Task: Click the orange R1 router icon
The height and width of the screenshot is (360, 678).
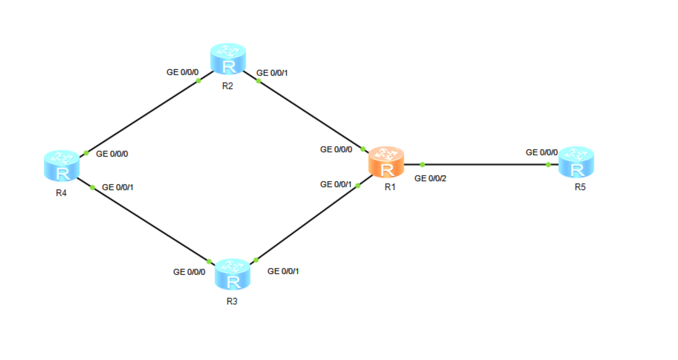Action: [x=387, y=162]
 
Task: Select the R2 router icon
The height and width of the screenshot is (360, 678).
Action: [x=228, y=59]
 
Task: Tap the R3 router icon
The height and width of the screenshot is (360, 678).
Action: [x=233, y=274]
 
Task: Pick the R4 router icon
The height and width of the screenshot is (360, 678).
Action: [x=61, y=165]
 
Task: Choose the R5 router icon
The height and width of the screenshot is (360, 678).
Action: [x=576, y=162]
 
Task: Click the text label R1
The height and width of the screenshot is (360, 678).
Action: [x=391, y=187]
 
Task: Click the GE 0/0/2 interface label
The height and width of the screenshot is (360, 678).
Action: [x=430, y=178]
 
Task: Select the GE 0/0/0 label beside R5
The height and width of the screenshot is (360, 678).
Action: [x=541, y=153]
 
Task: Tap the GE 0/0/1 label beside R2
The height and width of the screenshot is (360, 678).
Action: [x=272, y=73]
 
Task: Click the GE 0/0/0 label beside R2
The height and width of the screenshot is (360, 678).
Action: [x=182, y=72]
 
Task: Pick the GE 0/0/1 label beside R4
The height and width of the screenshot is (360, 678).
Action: [x=117, y=187]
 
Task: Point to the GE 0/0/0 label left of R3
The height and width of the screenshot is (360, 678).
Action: [x=189, y=272]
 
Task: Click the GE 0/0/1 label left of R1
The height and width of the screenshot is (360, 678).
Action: [x=336, y=184]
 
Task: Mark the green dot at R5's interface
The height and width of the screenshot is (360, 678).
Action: [x=548, y=164]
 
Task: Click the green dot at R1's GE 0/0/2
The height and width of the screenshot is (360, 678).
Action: [x=422, y=164]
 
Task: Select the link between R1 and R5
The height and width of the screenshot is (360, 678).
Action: [x=485, y=164]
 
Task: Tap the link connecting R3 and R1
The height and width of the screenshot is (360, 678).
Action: [x=307, y=223]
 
